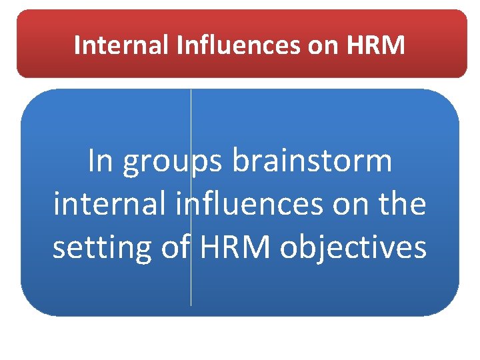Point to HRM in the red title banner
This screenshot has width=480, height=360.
pos(375,45)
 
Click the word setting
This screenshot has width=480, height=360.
pos(103,248)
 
